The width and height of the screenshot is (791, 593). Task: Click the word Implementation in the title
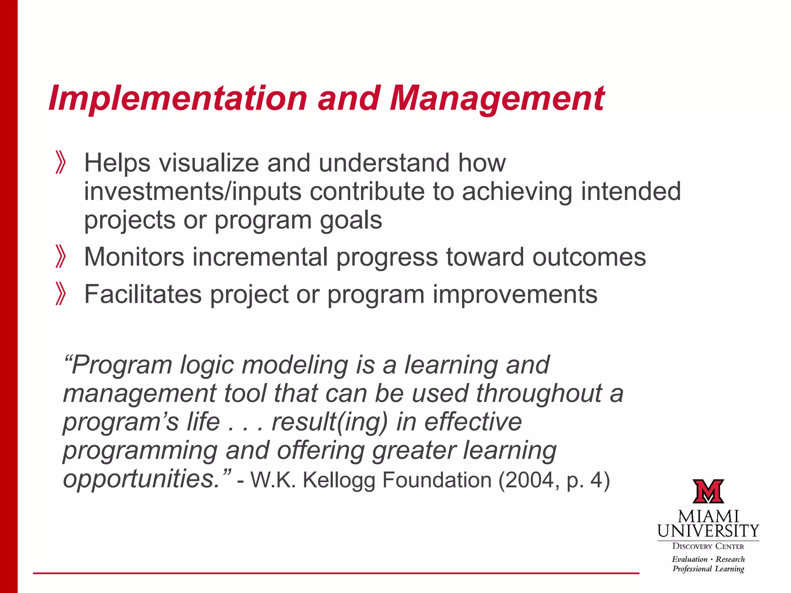click(178, 99)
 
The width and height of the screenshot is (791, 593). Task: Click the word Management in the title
click(497, 99)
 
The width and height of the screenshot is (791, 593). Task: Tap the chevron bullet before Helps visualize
click(61, 163)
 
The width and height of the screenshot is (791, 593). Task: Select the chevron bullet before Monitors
click(61, 256)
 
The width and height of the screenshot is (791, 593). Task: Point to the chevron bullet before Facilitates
click(61, 294)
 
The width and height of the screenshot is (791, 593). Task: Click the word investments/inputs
click(192, 191)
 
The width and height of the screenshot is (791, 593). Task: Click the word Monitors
click(134, 257)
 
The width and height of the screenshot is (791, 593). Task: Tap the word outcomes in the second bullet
click(589, 257)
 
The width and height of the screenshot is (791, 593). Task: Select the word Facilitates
click(143, 294)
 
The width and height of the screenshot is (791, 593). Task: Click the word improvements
click(514, 294)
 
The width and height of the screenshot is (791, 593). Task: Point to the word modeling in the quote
click(295, 365)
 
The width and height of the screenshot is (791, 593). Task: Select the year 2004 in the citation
click(532, 480)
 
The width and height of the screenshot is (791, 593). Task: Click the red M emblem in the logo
click(708, 491)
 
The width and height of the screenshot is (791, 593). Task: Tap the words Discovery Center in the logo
click(708, 546)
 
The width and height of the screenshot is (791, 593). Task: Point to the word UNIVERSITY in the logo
click(708, 531)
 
